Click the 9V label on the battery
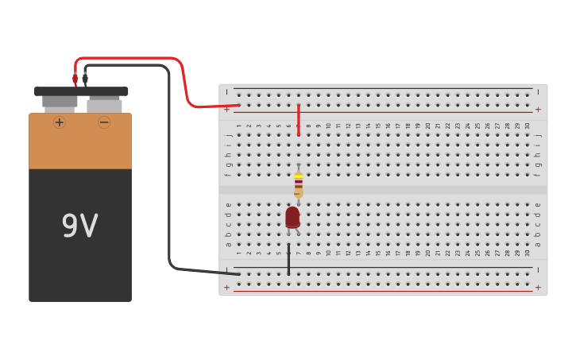tap(79, 226)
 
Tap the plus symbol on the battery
tap(60, 122)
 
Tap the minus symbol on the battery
tap(104, 122)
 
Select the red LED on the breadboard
tap(292, 217)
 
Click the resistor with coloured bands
tap(298, 184)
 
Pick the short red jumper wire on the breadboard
tap(299, 119)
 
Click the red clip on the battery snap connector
tap(75, 79)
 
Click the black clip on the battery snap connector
tap(85, 79)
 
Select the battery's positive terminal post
tap(60, 102)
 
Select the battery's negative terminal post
tap(104, 105)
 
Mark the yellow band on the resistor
tap(298, 176)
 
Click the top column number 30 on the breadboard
tap(528, 126)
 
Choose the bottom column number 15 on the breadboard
tap(378, 254)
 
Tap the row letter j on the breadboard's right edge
tap(538, 135)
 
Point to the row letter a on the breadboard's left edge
tap(229, 244)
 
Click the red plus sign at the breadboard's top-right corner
tap(538, 110)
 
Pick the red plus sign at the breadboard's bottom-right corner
tap(538, 287)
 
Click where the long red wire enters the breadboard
tap(238, 105)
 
